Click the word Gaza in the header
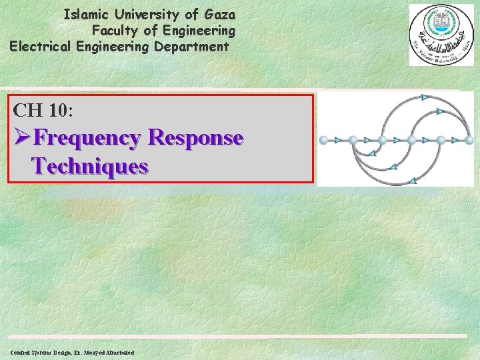pyautogui.click(x=217, y=13)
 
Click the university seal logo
pyautogui.click(x=441, y=35)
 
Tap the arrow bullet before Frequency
pyautogui.click(x=21, y=138)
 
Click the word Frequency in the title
pyautogui.click(x=87, y=138)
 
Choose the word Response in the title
pyautogui.click(x=196, y=138)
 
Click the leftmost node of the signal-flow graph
pyautogui.click(x=323, y=141)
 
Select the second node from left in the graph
pyautogui.click(x=353, y=141)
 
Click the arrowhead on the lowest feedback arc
pyautogui.click(x=413, y=181)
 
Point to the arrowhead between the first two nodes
pyautogui.click(x=338, y=141)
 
